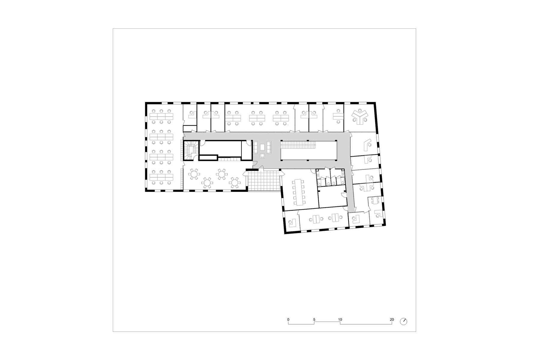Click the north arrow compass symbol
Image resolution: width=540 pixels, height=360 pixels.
(404, 321)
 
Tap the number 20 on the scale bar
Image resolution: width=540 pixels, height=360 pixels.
(392, 319)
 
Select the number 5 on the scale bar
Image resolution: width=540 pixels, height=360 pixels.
(314, 319)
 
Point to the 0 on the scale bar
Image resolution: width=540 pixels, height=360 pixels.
(288, 319)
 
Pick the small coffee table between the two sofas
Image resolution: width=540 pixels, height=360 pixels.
(262, 147)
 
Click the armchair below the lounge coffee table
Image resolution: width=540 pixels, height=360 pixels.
(262, 156)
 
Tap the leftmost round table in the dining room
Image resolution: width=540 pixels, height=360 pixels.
(194, 174)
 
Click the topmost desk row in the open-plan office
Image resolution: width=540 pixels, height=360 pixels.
(161, 116)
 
